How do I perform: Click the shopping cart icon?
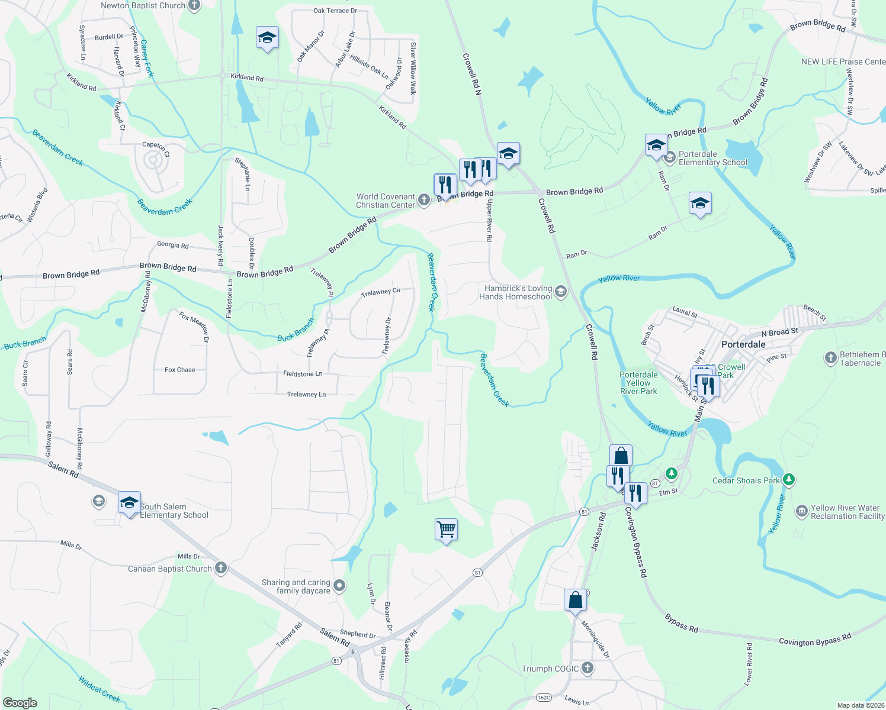point(446,530)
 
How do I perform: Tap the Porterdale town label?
point(743,344)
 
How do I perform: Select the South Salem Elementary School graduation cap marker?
point(129,504)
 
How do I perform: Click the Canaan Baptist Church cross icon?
point(221,569)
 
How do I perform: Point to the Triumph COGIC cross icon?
point(588,669)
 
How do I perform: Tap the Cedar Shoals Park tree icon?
point(788,480)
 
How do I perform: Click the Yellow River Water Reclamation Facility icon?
point(801,512)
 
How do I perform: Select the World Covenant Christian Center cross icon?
point(424,200)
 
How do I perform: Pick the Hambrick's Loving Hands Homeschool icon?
point(561,292)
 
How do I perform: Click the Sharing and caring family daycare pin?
point(339,586)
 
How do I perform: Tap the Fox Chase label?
point(180,370)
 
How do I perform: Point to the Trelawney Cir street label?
point(381,292)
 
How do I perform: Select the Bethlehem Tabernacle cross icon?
point(830,358)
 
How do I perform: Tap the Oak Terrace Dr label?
point(335,11)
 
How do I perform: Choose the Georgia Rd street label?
point(173,245)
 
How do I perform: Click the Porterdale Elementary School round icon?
point(670,158)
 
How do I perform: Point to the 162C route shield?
point(544,698)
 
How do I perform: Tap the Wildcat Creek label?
point(99,690)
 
